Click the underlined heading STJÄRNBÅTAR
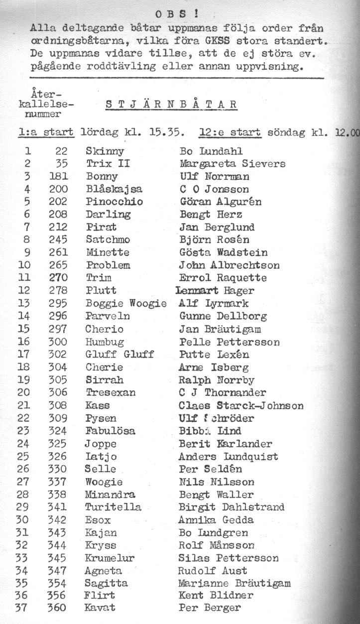tap(171, 105)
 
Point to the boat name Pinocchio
tap(114, 201)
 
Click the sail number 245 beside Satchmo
tap(58, 240)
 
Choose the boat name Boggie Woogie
tap(126, 304)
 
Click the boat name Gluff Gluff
tap(120, 355)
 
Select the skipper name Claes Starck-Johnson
tap(240, 405)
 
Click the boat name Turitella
tap(113, 507)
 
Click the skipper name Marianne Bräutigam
tap(234, 583)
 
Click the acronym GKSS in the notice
tap(229, 40)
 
